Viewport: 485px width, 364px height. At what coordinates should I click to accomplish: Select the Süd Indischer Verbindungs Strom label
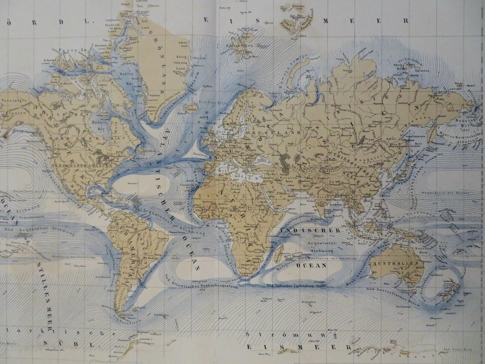coord(296,285)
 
